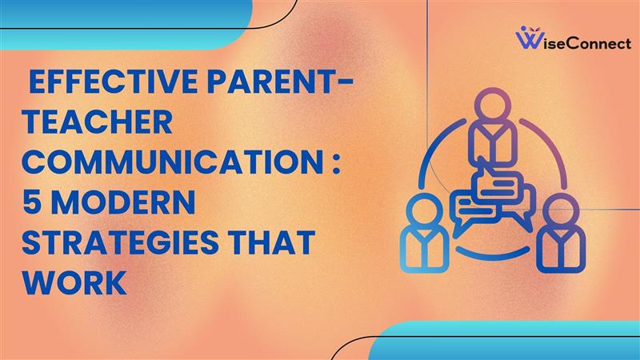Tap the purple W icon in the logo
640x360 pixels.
tap(529, 38)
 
